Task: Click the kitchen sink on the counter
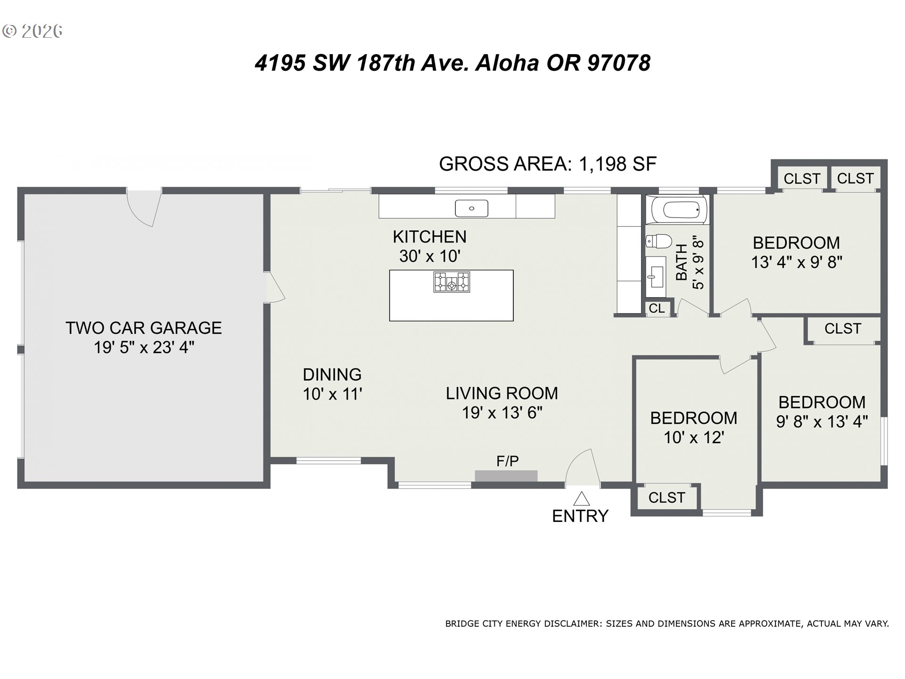(471, 208)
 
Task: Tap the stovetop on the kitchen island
(452, 282)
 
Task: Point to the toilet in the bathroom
(658, 241)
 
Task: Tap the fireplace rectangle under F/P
(506, 476)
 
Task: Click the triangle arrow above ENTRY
(582, 499)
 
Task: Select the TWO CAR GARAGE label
(144, 328)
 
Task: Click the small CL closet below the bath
(658, 308)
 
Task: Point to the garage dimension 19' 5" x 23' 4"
(144, 348)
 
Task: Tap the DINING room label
(332, 374)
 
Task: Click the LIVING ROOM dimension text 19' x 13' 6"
(502, 413)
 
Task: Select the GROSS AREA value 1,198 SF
(617, 164)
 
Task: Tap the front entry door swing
(583, 467)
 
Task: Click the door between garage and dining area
(275, 287)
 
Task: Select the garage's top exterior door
(144, 208)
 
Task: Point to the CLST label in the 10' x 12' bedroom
(666, 497)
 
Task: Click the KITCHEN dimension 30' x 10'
(429, 256)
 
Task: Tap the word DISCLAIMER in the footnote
(573, 624)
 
